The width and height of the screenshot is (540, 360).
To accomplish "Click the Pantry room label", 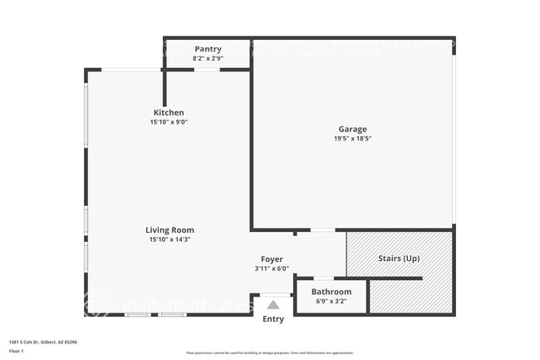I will [208, 49].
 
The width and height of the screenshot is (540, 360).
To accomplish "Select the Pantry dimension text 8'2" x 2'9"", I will [208, 59].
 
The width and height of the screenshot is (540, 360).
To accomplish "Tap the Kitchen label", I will [169, 112].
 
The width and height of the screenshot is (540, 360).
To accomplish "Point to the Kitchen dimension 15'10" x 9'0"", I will [169, 122].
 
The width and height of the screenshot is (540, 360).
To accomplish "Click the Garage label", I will [352, 129].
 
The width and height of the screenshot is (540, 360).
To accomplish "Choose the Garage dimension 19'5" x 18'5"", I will [352, 139].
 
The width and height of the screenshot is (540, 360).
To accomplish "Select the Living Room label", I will [169, 230].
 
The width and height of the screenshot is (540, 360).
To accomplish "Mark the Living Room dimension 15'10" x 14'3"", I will [169, 240].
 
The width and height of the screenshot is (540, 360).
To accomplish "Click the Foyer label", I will [272, 259].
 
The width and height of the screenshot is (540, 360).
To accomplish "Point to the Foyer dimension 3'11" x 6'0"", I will [272, 269].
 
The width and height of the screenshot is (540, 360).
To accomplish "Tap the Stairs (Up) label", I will [399, 259].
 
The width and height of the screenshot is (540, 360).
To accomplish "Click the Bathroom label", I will [331, 292].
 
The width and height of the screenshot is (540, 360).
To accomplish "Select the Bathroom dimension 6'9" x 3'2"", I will [331, 301].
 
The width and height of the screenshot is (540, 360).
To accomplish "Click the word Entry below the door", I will [273, 319].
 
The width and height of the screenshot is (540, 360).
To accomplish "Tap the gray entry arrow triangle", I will [273, 305].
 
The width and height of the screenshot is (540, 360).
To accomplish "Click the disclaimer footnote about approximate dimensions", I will [270, 353].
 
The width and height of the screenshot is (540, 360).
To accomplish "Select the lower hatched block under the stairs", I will [410, 297].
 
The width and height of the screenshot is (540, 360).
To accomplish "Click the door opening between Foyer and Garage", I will [322, 229].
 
